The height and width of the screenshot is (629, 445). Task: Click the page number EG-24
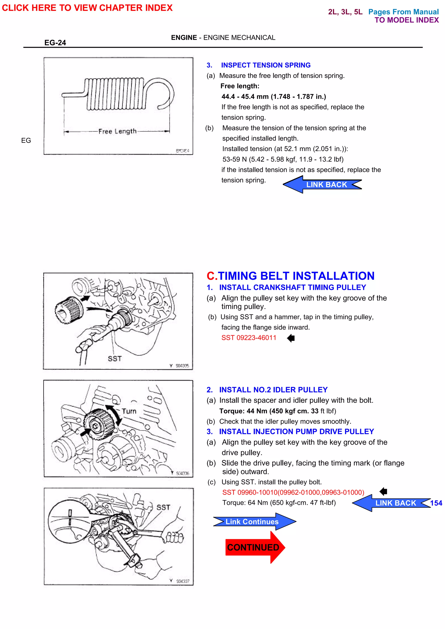click(55, 43)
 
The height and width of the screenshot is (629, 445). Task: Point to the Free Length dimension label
click(117, 132)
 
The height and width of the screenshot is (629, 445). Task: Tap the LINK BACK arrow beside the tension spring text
click(322, 185)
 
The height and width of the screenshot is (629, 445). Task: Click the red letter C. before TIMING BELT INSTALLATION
click(212, 276)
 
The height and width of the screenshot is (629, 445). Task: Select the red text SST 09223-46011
click(249, 338)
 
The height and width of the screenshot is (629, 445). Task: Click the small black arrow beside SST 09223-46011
click(291, 338)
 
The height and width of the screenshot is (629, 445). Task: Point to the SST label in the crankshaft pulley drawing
click(115, 359)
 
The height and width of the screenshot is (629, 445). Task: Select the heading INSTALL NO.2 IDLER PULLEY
click(273, 390)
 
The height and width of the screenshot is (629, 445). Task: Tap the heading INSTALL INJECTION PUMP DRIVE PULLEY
click(296, 432)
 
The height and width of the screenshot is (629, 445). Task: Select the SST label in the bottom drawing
click(163, 508)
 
